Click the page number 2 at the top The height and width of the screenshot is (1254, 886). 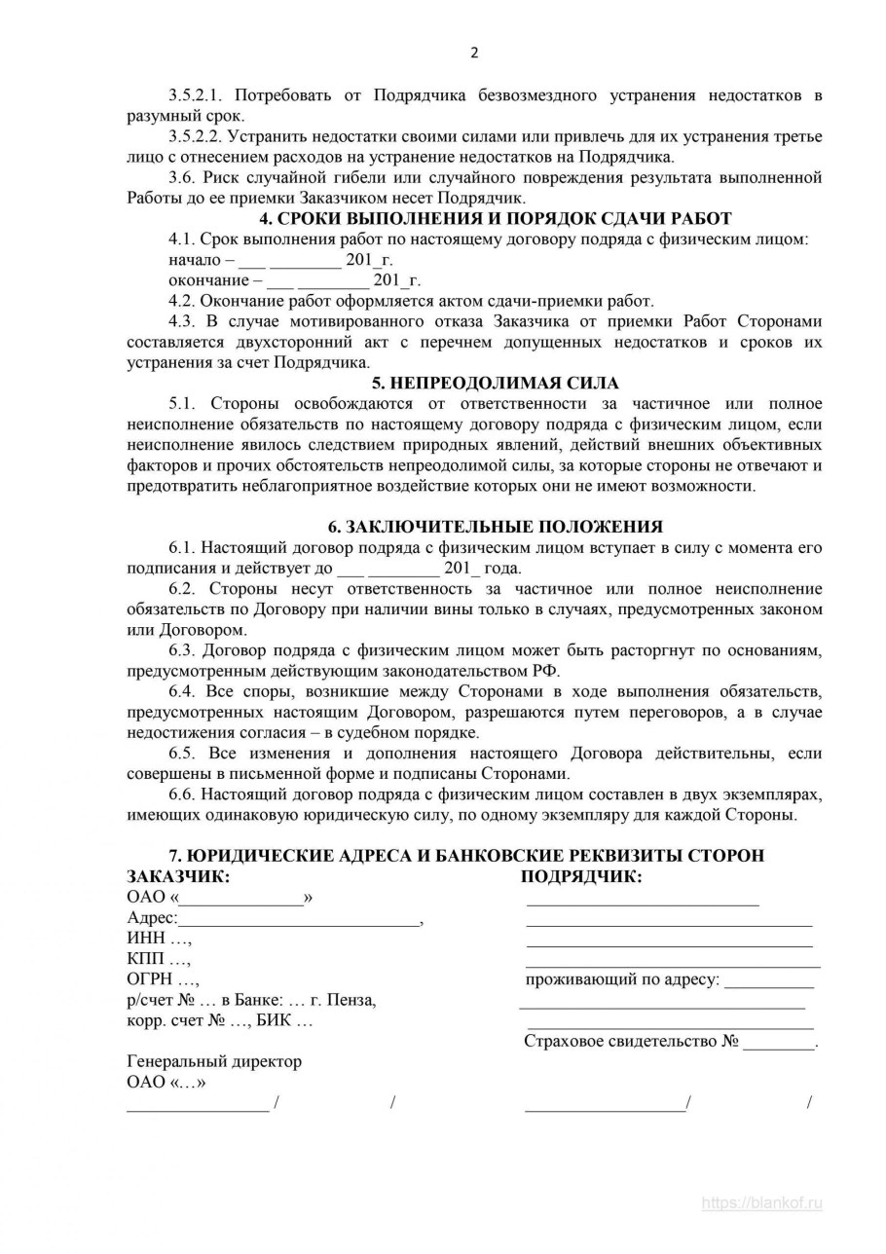pos(474,53)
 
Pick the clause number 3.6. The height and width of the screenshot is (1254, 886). pos(181,177)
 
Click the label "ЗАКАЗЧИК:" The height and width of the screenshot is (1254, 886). pos(178,876)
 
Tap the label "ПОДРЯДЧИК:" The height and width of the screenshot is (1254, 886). pos(581,876)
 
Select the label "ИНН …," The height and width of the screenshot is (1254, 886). pos(159,939)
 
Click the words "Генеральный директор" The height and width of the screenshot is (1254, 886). pos(214,1061)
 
